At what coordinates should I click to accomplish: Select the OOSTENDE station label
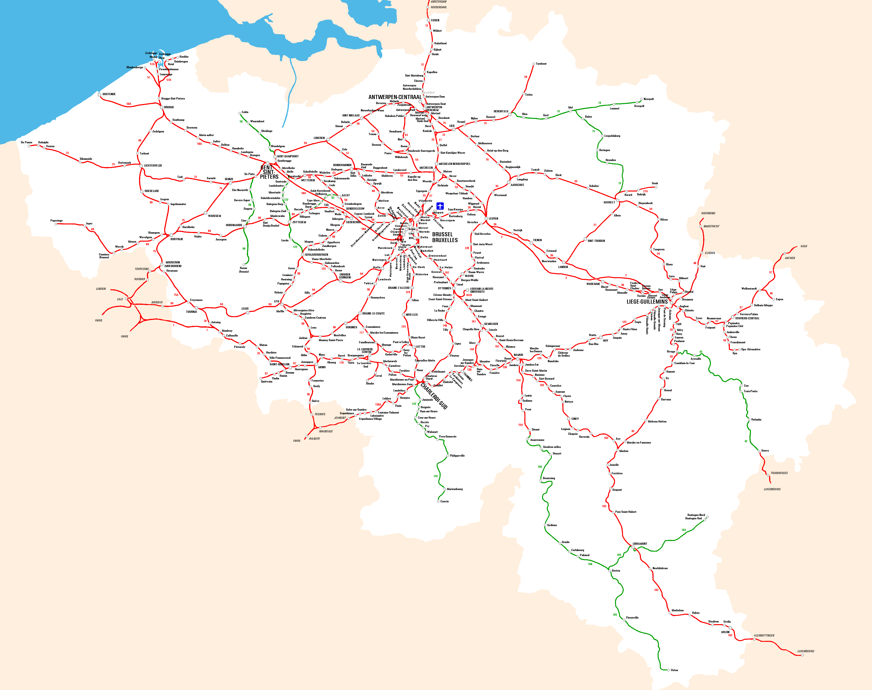coord(109,94)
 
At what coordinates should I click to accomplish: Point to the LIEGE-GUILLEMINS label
coord(647,302)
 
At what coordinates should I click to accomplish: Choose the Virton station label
coord(674,670)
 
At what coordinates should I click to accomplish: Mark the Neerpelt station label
coord(648,99)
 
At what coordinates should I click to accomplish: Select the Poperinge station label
coord(57,221)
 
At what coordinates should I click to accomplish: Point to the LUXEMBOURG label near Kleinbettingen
coord(805,651)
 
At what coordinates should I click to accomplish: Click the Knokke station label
coord(184,57)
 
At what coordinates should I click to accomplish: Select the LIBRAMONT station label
coord(640,544)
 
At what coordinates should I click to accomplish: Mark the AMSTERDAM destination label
coord(438,2)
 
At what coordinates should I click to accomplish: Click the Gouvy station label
coord(765,451)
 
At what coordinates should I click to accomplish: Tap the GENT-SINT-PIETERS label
coord(269,172)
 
